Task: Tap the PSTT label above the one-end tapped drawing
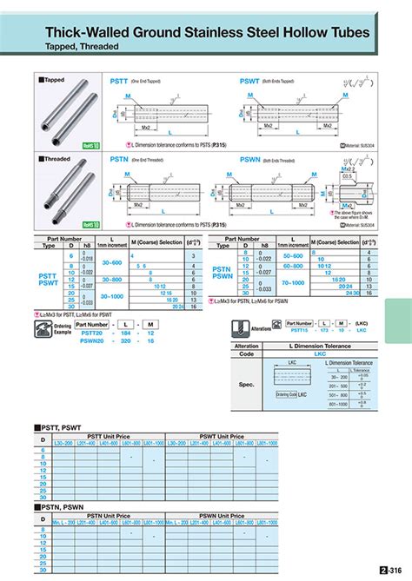(116, 79)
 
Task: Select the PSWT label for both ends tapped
(250, 79)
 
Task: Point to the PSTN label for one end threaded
(116, 160)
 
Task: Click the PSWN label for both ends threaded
(251, 160)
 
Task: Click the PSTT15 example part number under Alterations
(301, 330)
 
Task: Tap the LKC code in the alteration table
(319, 353)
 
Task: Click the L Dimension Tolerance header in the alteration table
(319, 346)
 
